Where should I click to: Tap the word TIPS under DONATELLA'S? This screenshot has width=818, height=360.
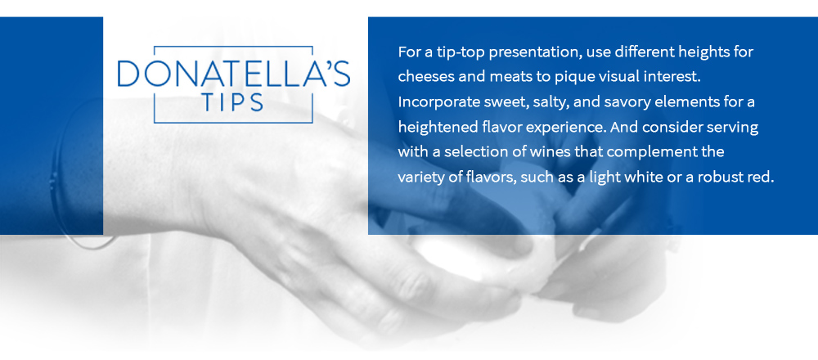[x=234, y=103]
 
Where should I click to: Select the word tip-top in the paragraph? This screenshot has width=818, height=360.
[x=464, y=52]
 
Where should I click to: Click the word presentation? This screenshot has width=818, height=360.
[x=544, y=52]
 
